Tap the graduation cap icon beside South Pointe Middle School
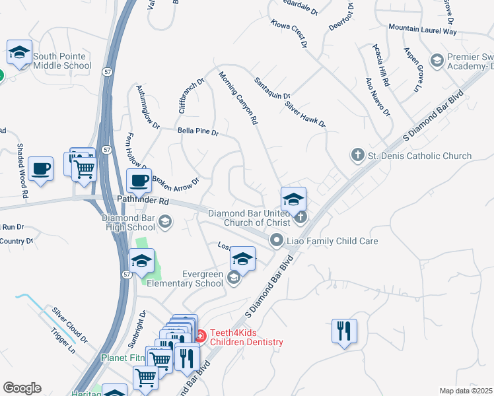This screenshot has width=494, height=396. pyautogui.click(x=20, y=52)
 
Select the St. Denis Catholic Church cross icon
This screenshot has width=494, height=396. pyautogui.click(x=357, y=156)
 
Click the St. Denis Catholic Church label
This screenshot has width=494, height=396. pyautogui.click(x=419, y=156)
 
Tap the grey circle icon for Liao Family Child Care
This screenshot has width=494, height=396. pyautogui.click(x=277, y=241)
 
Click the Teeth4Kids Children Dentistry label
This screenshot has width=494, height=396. pyautogui.click(x=246, y=338)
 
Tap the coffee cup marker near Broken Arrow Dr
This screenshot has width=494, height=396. pyautogui.click(x=139, y=180)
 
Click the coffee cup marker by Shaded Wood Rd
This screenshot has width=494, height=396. pyautogui.click(x=41, y=168)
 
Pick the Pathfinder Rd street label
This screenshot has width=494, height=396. pyautogui.click(x=125, y=199)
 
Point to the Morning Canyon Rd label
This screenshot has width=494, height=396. pyautogui.click(x=238, y=98)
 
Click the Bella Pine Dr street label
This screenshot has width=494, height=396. pyautogui.click(x=197, y=131)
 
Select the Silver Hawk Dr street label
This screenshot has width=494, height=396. pyautogui.click(x=306, y=114)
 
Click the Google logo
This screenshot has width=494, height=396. pyautogui.click(x=22, y=388)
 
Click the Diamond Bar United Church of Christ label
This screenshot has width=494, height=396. pyautogui.click(x=249, y=218)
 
